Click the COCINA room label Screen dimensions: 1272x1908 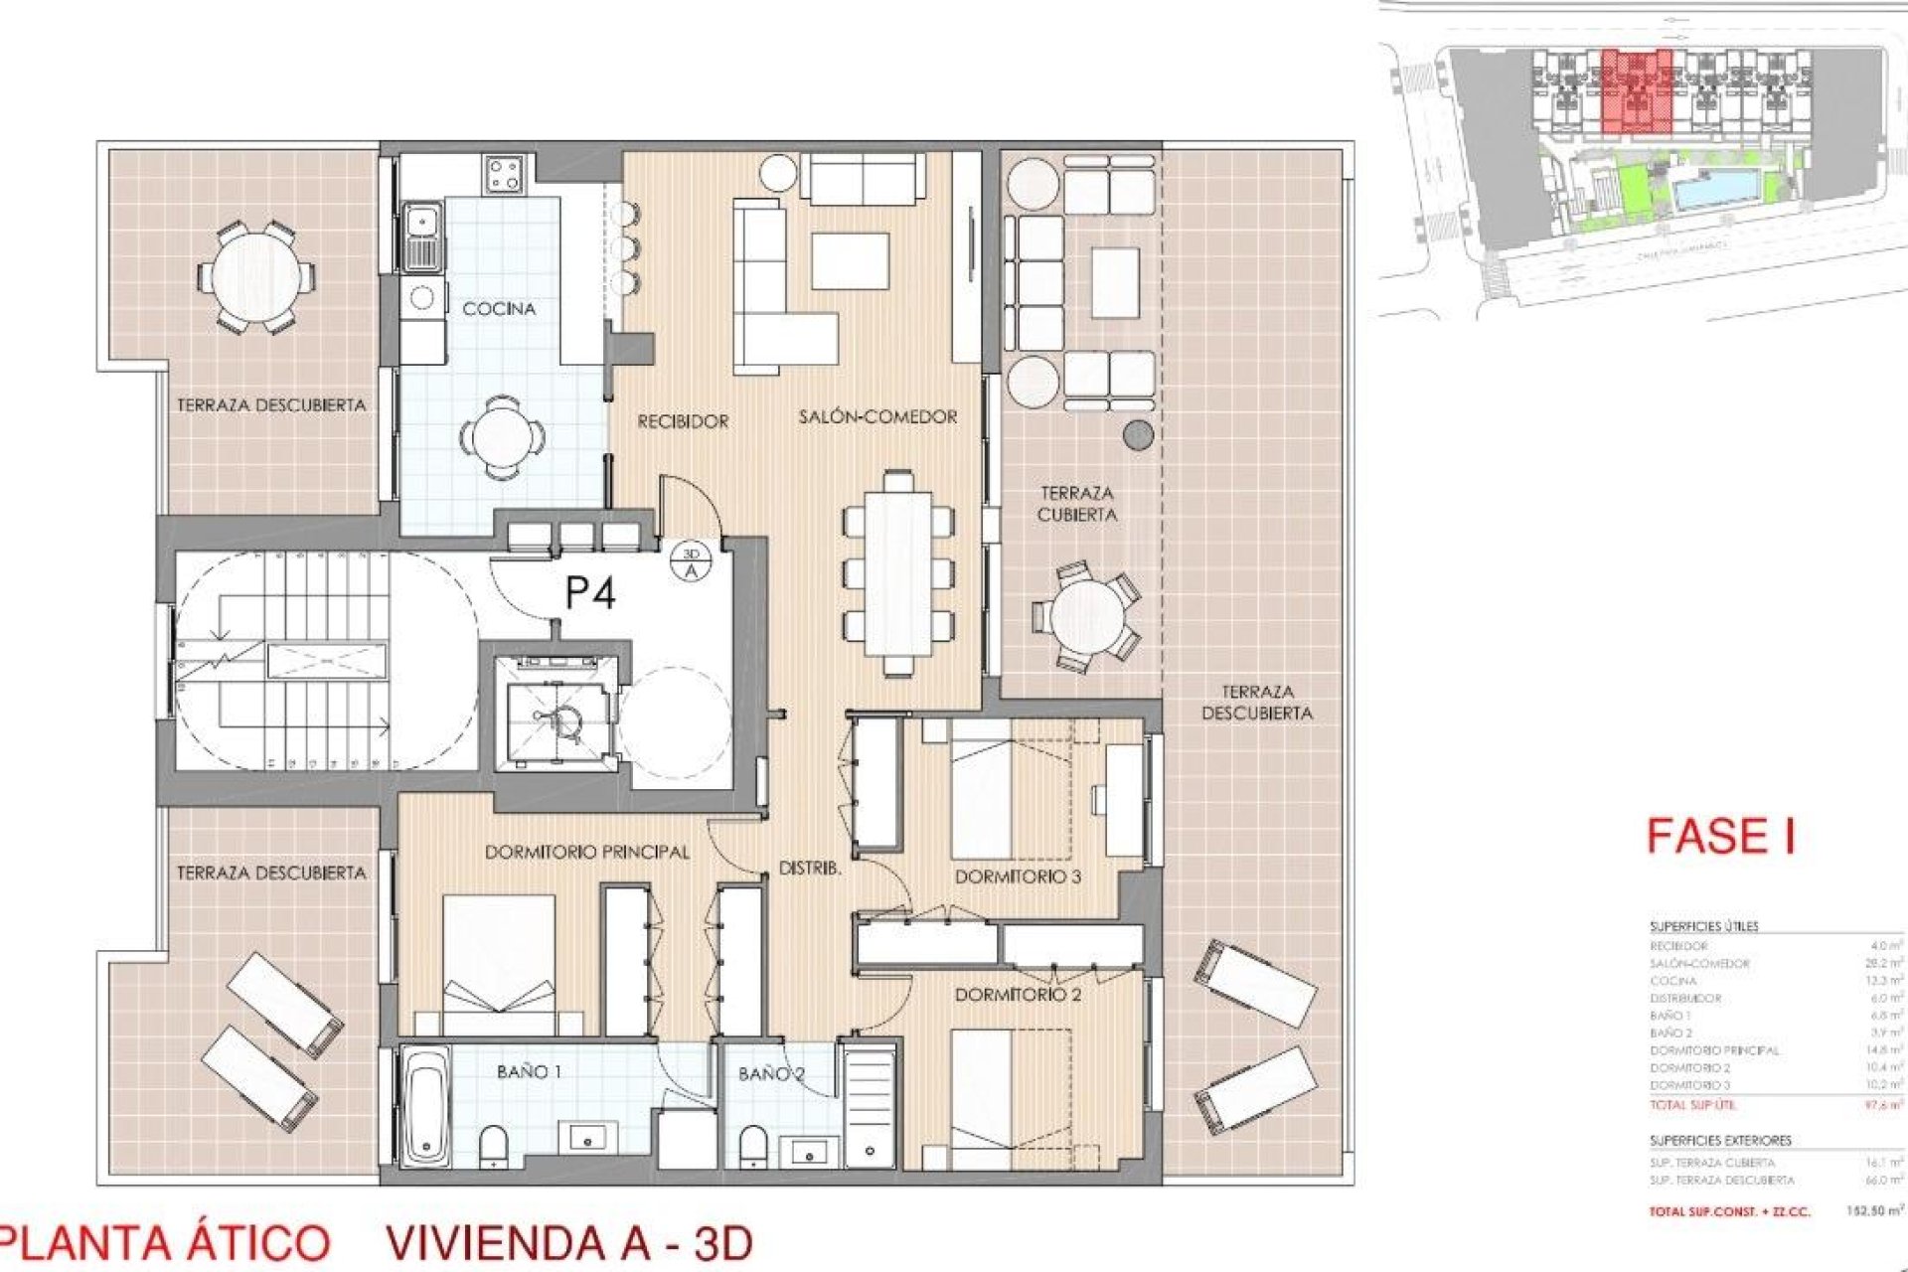pyautogui.click(x=499, y=309)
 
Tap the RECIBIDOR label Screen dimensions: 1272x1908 pyautogui.click(x=683, y=421)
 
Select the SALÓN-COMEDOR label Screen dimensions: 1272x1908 pyautogui.click(x=877, y=417)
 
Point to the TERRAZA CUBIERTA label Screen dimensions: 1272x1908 pyautogui.click(x=1077, y=504)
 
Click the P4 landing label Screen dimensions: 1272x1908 pyautogui.click(x=589, y=593)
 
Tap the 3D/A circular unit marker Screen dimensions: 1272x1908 pyautogui.click(x=692, y=562)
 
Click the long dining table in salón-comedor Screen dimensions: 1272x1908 pyautogui.click(x=898, y=573)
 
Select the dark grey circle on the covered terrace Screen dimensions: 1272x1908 pyautogui.click(x=1138, y=434)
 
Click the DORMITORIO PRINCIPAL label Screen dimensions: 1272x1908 pyautogui.click(x=586, y=853)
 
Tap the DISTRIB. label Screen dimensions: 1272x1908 pyautogui.click(x=809, y=868)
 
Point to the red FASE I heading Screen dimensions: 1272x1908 pyautogui.click(x=1720, y=836)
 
